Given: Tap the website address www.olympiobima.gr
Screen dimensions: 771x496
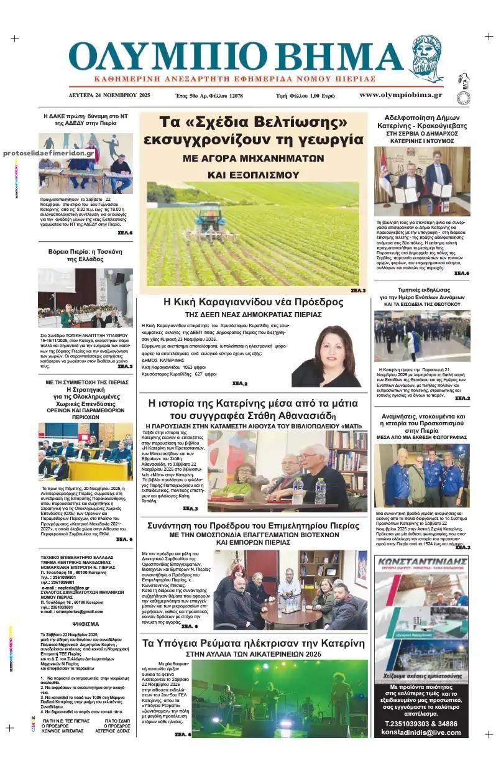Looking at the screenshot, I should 400,95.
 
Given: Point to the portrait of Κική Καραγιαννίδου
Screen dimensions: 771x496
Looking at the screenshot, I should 326,357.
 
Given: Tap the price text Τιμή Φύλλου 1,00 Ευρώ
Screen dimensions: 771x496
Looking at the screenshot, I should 305,96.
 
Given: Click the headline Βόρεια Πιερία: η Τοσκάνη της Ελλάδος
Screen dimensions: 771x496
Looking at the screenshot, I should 85,256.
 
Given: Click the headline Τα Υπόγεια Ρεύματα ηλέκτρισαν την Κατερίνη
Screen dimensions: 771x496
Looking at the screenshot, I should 253,642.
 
